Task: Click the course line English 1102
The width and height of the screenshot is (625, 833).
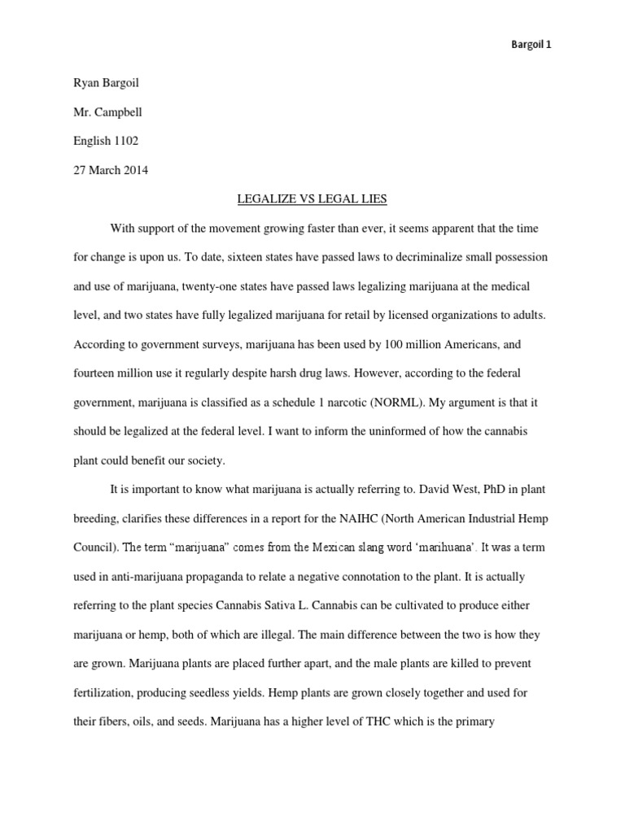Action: point(106,141)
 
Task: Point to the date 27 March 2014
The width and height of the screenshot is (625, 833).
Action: point(110,170)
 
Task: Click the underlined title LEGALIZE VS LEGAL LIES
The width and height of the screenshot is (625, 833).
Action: point(312,199)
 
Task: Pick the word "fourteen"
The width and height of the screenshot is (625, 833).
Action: point(96,373)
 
